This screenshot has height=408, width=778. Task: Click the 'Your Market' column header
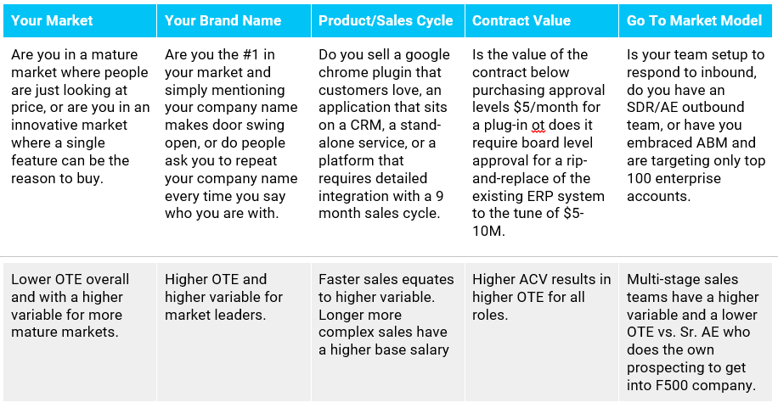pyautogui.click(x=52, y=20)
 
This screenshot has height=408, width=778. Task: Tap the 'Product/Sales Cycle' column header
pyautogui.click(x=386, y=20)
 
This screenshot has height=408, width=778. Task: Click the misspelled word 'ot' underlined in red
pyautogui.click(x=538, y=126)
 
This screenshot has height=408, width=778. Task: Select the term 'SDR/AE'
pyautogui.click(x=652, y=108)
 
